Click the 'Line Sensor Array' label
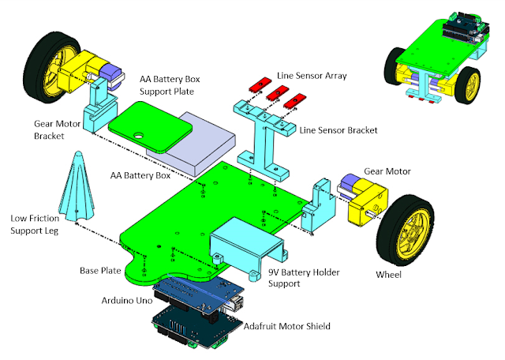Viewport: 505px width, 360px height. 312,76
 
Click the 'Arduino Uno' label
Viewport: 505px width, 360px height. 129,302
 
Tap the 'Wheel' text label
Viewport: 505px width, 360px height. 388,275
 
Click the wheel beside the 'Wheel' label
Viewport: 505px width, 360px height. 406,230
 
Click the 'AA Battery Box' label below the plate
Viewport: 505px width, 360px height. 144,175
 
